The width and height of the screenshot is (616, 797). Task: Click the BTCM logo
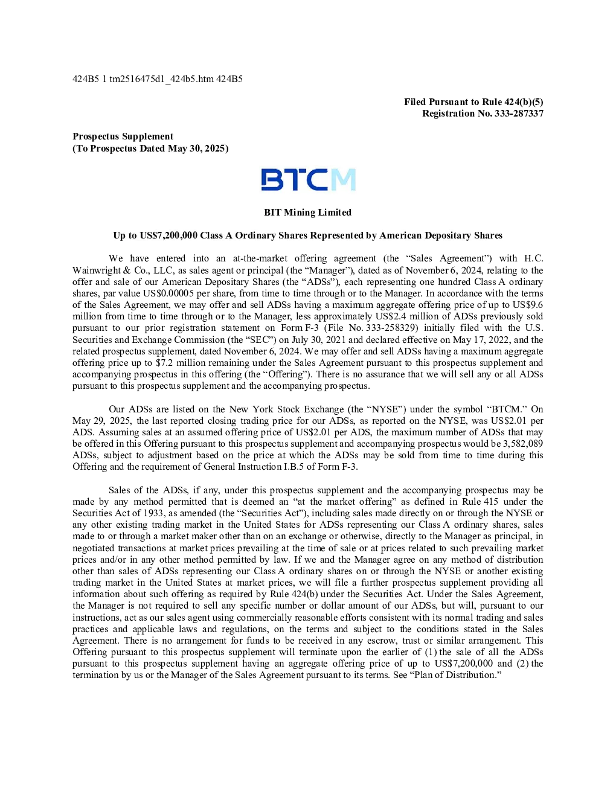coord(308,179)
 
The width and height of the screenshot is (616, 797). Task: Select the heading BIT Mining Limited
coord(308,213)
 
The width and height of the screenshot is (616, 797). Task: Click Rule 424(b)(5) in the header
coord(513,102)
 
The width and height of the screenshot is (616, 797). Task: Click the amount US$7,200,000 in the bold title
coord(168,235)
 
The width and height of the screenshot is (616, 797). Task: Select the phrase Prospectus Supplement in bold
coord(123,136)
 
